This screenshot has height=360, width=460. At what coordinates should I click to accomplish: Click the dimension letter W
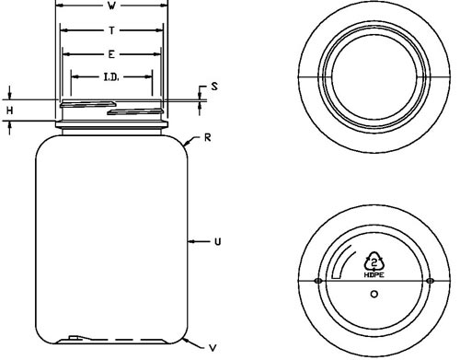point(111,6)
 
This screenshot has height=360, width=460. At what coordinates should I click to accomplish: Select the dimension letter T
point(111,30)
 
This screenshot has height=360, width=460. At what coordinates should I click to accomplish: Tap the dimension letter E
point(111,54)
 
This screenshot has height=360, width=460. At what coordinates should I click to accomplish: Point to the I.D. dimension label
point(111,77)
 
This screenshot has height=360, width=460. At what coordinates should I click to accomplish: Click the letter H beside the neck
point(10,110)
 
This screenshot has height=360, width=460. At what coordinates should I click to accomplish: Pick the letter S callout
point(214,87)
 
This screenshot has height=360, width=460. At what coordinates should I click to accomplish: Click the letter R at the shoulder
point(208,137)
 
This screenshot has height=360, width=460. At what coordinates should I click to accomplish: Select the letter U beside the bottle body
point(217,242)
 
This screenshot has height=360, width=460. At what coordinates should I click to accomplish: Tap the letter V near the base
point(213,348)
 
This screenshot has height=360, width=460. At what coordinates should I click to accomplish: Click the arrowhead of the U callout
point(191,242)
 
